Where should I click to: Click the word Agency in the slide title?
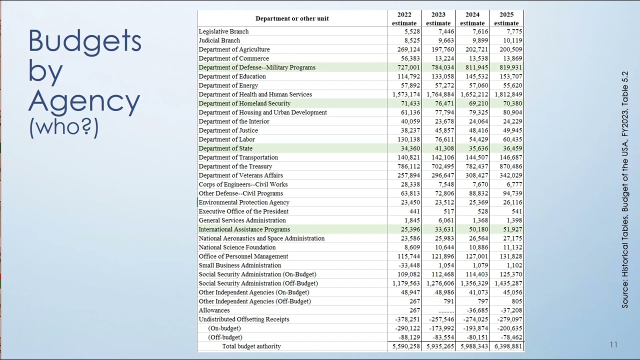point(84,101)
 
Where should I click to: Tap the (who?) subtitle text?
point(63,127)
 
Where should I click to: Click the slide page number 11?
point(613,344)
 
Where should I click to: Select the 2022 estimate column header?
point(404,19)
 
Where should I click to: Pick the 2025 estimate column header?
point(506,19)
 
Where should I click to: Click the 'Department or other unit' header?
point(292,18)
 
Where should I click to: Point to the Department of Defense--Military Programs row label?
point(257,67)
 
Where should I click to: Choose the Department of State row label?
point(225,148)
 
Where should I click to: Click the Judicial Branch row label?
point(219,40)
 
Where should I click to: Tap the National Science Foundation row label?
point(237,247)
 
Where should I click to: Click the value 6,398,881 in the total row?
point(508,346)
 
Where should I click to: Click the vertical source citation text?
point(624,189)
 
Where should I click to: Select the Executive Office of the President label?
point(243,211)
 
